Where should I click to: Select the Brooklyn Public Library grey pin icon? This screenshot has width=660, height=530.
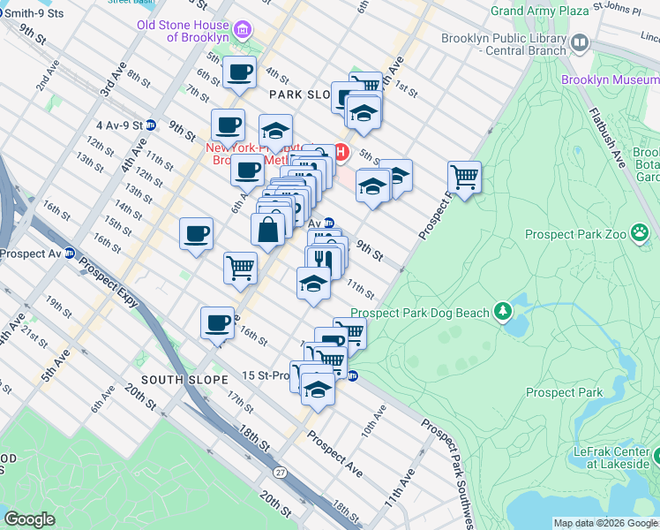click(x=580, y=42)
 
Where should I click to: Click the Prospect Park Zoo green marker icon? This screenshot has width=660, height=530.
click(x=641, y=234)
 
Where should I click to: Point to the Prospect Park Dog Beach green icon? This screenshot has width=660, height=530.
click(x=503, y=312)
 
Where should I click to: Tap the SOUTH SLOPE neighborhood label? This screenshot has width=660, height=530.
click(x=189, y=379)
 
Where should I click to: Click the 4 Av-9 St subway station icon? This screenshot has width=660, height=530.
click(x=151, y=125)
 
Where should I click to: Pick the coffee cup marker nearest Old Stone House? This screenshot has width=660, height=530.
click(x=239, y=72)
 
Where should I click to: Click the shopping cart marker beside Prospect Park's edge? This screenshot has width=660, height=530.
click(x=464, y=176)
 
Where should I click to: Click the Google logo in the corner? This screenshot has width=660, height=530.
click(x=29, y=519)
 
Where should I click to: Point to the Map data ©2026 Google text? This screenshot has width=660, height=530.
click(x=605, y=523)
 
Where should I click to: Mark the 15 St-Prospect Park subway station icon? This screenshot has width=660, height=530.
click(x=352, y=375)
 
